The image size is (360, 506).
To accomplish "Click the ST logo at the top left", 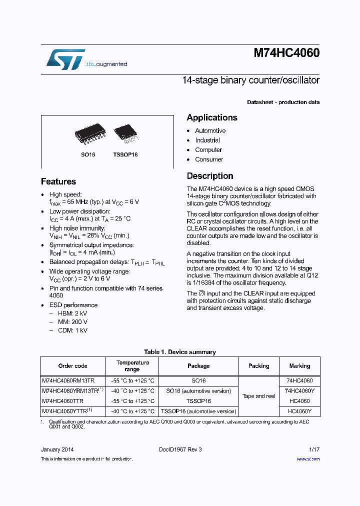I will (65, 59).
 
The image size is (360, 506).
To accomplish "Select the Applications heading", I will (212, 117).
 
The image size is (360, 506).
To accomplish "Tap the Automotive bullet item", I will (210, 130).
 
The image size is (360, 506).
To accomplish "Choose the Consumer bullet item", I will (209, 159).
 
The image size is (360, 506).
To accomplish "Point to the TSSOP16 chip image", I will (124, 132).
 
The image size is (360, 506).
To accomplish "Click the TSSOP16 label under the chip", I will (125, 154).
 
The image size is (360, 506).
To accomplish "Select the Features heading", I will (58, 181).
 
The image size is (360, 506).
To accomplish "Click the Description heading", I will (210, 176).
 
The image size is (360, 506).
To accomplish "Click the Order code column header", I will (72, 366).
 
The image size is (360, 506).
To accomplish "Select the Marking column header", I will (299, 366).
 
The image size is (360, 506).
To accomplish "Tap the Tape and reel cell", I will (258, 396).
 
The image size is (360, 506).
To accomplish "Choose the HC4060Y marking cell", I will (299, 411).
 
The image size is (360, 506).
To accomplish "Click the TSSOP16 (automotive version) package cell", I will (198, 411).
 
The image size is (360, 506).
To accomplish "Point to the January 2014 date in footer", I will (57, 449).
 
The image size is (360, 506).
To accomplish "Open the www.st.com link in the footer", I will (308, 459).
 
